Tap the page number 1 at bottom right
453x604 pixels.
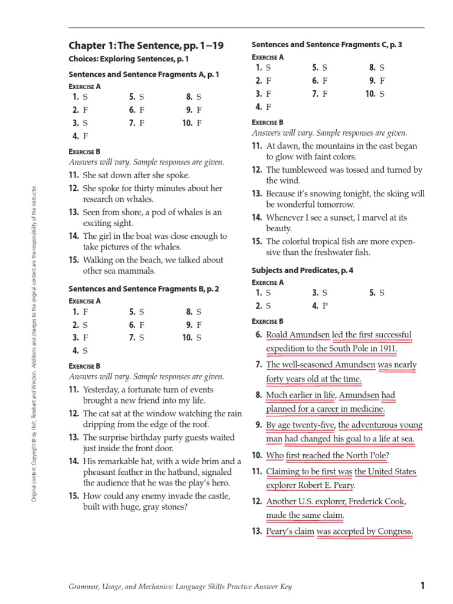point(422,586)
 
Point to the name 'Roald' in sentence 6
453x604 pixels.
point(277,334)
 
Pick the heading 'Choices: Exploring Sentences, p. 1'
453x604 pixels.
point(129,60)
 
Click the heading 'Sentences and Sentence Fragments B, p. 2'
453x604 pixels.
point(144,288)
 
